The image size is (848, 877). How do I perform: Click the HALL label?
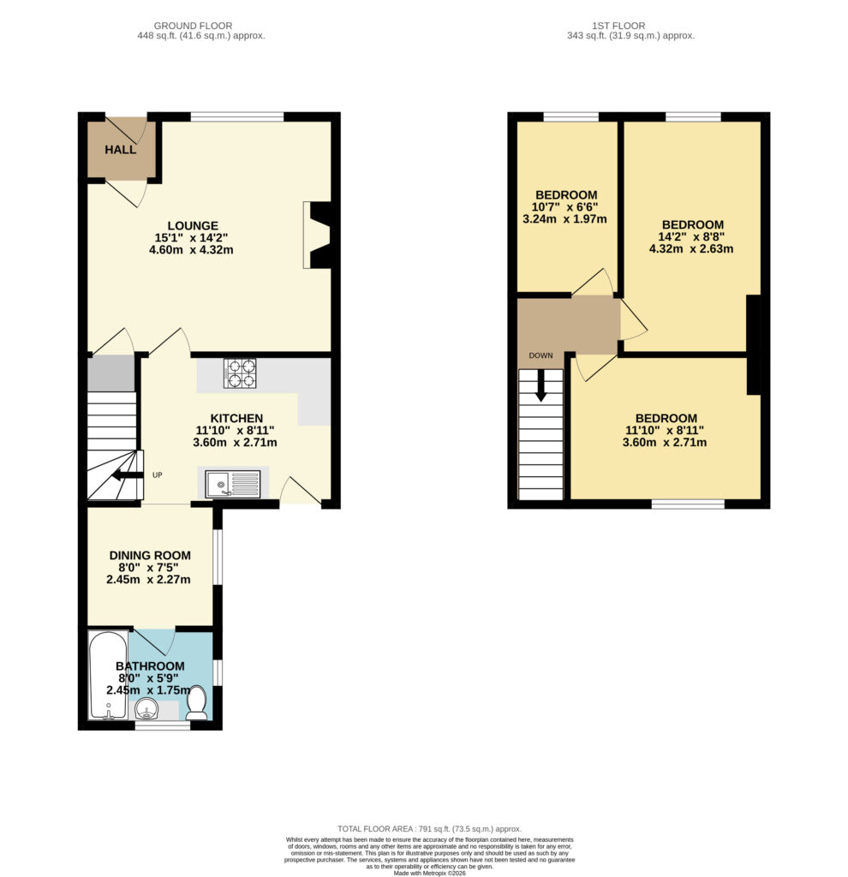120,149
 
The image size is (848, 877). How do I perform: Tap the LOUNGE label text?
193,225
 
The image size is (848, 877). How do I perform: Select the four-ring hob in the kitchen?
240,373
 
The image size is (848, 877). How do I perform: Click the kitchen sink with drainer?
233,484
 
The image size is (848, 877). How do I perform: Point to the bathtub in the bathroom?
109,675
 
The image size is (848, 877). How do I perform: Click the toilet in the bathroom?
196,703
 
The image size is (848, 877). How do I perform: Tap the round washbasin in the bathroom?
147,709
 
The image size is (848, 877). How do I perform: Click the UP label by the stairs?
158,474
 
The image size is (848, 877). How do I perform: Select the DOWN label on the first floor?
540,355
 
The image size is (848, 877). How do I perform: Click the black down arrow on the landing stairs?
540,385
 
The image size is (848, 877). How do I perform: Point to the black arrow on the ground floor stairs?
126,475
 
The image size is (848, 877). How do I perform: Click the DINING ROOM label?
150,555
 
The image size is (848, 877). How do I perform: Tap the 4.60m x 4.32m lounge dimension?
191,249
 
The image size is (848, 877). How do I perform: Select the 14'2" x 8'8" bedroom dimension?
691,236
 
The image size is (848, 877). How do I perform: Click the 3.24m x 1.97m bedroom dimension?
565,218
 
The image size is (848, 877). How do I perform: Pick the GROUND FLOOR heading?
193,26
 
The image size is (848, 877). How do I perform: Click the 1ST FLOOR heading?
618,26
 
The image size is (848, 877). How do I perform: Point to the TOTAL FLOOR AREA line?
430,829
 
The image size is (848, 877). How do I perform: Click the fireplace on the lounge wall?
317,235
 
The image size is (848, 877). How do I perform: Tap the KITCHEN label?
236,418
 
